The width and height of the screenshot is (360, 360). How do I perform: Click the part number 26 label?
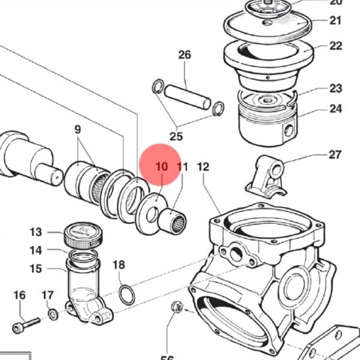185,55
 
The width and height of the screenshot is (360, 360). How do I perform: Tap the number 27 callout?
335,155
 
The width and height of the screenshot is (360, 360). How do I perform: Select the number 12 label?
203,167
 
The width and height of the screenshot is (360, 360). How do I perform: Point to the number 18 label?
119,264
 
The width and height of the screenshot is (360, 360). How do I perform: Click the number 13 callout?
36,233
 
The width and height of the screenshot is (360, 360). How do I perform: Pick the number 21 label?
335,21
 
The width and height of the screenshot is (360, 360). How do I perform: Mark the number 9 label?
78,129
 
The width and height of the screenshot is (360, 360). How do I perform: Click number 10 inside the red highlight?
162,166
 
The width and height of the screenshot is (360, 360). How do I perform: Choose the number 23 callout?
335,88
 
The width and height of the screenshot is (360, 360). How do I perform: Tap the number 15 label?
36,268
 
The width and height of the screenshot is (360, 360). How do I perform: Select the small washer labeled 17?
53,315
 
